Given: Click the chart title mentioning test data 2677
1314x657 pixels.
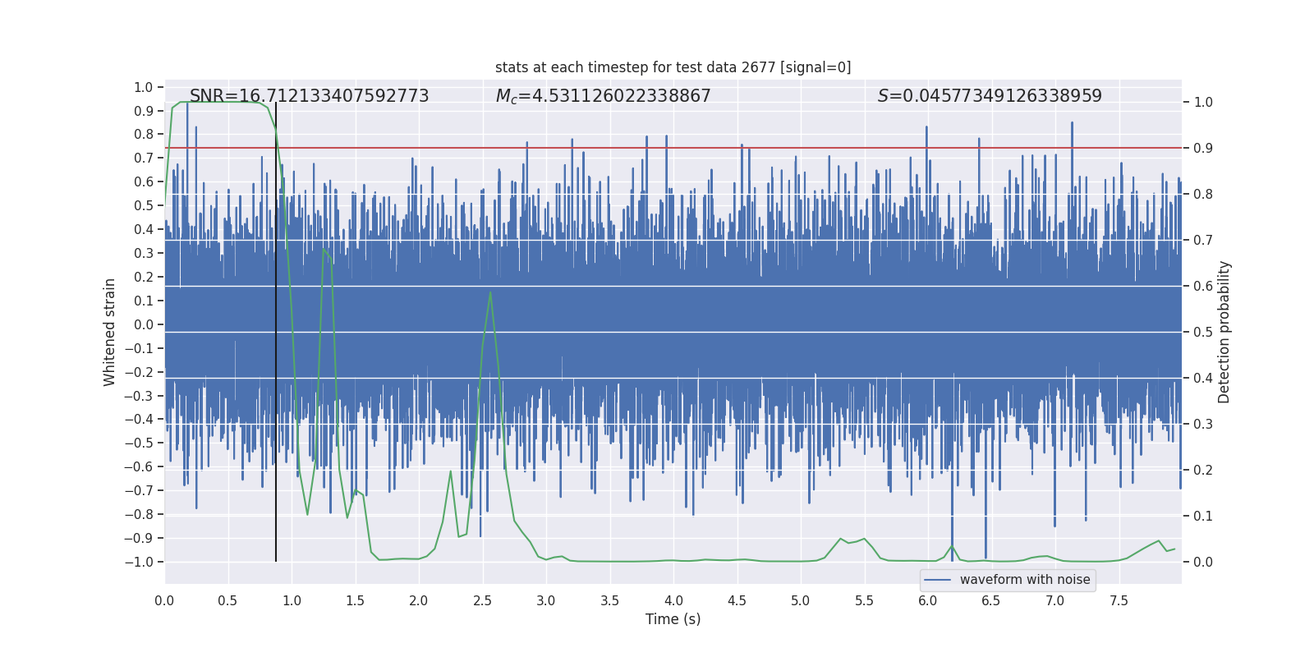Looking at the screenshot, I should [673, 67].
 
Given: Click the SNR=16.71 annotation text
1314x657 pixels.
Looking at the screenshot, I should [309, 96].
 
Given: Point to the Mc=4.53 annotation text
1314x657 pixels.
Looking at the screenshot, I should [603, 96].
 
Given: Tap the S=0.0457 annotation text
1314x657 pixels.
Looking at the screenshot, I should [989, 96].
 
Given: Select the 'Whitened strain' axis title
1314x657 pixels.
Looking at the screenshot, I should [110, 332].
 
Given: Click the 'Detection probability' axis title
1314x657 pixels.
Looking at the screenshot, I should [1224, 332].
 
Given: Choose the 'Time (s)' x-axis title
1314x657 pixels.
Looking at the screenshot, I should [673, 619].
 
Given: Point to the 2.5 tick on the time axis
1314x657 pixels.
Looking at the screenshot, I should [482, 600].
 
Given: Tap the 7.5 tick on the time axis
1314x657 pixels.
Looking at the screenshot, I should [1119, 600].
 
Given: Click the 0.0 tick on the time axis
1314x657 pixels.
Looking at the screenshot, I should [164, 600].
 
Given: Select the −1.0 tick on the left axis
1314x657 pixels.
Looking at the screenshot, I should [143, 562].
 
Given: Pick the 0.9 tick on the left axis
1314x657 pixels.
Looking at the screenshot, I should [145, 111].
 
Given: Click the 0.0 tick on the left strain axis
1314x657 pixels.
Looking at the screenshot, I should [145, 324].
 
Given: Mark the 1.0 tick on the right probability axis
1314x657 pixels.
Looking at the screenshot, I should [1203, 103].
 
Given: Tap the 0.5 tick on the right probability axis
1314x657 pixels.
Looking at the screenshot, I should [1203, 333].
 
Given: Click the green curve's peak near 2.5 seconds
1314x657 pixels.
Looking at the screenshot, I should [490, 292].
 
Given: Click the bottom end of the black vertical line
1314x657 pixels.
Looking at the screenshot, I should [276, 561].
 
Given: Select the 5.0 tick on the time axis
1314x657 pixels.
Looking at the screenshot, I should [800, 600].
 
